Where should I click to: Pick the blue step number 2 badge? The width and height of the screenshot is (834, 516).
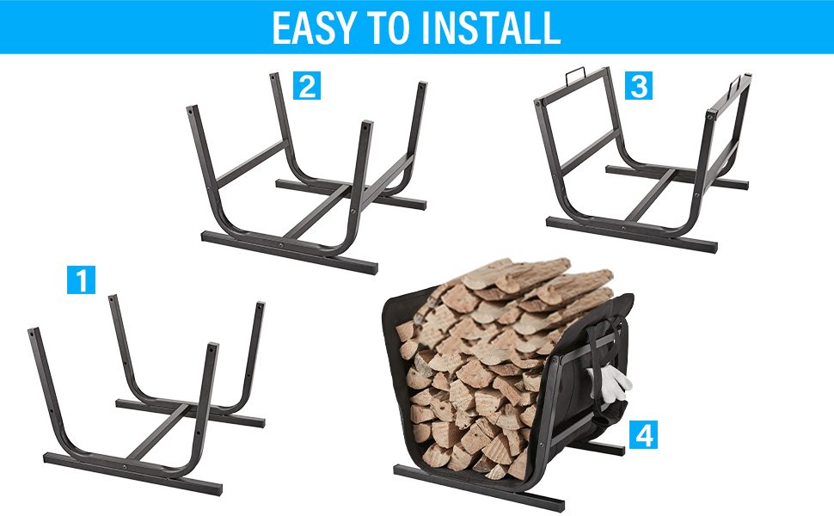(x=307, y=86)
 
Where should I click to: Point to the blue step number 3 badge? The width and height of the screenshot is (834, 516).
(x=638, y=86)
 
